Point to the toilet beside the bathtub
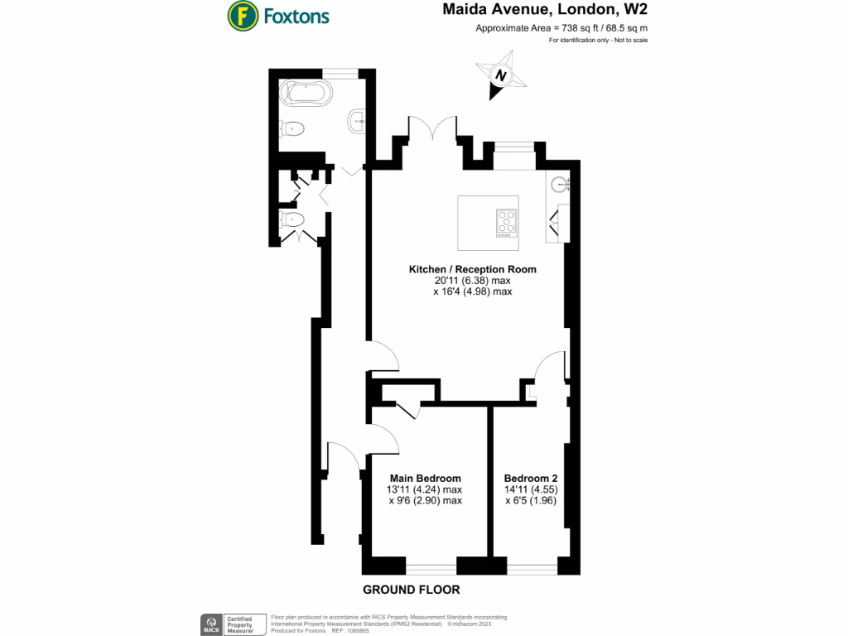(293, 128)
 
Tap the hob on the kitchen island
(506, 224)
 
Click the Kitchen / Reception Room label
(472, 269)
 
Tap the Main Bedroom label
(424, 478)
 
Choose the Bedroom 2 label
(531, 478)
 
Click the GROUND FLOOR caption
(411, 590)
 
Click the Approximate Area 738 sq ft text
(561, 28)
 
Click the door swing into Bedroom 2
(547, 366)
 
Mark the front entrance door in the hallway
(342, 457)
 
